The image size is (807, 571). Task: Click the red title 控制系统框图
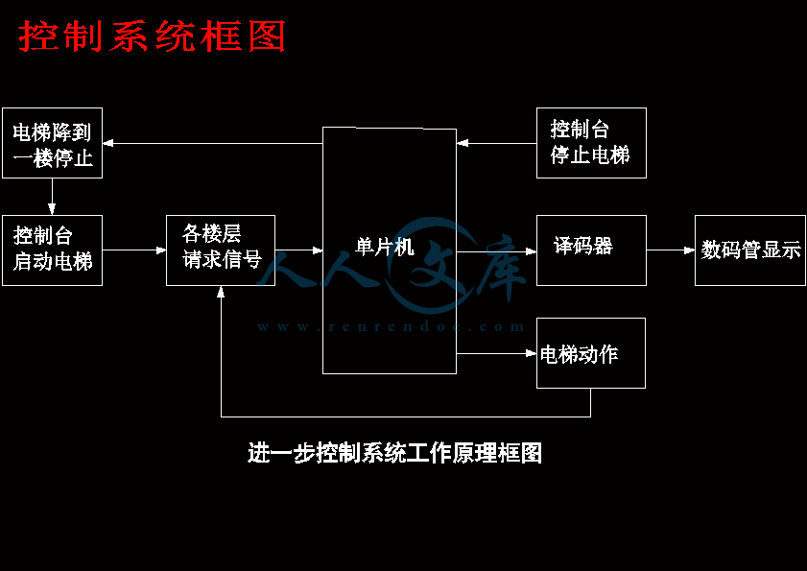coord(152,36)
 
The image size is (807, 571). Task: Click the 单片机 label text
coord(385,247)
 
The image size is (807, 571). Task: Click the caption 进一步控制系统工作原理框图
coord(394,453)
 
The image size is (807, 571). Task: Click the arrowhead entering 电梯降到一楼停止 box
coord(108,143)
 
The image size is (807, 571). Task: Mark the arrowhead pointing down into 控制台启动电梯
coord(52,209)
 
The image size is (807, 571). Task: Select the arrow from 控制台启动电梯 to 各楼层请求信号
coord(134,250)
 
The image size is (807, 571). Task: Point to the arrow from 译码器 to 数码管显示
coord(671,250)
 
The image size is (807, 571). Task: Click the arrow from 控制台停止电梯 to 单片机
coord(497,143)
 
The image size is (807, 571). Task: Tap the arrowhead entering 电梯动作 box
coord(531,353)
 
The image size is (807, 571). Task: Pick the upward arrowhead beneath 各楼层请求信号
coord(221,292)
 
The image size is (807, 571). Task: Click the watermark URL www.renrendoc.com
coord(391,326)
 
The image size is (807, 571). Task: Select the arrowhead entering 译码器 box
coord(531,251)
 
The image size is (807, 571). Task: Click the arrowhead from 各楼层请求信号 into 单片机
coord(317,250)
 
